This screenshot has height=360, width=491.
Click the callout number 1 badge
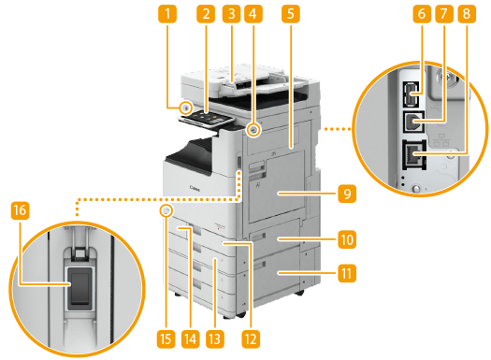[167, 14]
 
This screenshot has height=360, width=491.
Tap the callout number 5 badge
[291, 14]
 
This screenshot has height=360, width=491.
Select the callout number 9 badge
[347, 194]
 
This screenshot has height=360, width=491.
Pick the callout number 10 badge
[347, 239]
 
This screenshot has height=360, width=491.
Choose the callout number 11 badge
[347, 273]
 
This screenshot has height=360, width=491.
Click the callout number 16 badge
[20, 210]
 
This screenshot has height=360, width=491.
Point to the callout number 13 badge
[215, 338]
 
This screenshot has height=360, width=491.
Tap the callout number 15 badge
[166, 338]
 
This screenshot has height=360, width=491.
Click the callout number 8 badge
[467, 14]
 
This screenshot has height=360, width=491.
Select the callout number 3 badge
[231, 14]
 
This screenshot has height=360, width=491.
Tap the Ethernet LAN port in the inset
[414, 155]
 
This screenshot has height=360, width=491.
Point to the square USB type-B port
[413, 122]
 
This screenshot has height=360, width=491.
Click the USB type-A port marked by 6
[411, 94]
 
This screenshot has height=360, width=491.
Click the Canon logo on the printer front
[195, 189]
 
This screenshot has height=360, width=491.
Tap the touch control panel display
[207, 118]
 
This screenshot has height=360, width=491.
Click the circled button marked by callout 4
[253, 129]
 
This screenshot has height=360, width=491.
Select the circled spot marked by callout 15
[166, 210]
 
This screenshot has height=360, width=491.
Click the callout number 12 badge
[251, 338]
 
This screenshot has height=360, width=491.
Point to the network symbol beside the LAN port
[440, 140]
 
